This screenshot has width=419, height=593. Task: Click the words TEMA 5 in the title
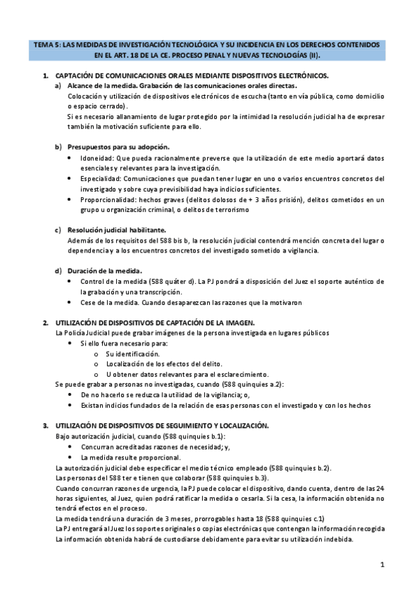coord(45,43)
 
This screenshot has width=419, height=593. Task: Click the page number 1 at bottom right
coord(383,564)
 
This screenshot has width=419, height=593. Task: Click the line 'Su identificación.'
coord(132,354)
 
